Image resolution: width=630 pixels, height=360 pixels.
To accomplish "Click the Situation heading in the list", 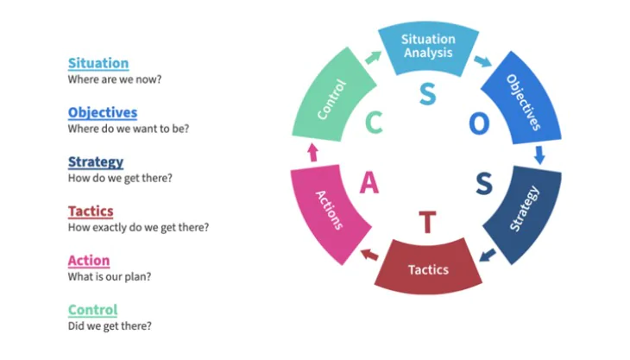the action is [x=98, y=63].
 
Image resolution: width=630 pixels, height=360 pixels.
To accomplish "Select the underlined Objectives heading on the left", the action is [x=103, y=112].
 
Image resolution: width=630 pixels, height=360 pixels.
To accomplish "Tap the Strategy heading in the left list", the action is [x=96, y=162].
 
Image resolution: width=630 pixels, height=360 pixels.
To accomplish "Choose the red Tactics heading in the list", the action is [x=91, y=211].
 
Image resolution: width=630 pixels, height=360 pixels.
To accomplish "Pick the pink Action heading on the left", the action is [x=89, y=261].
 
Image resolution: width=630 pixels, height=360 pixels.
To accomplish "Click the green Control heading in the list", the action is [x=93, y=310].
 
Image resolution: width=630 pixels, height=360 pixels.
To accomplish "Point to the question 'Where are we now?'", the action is [x=115, y=79].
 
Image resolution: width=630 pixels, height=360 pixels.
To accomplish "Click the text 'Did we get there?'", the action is [x=110, y=325].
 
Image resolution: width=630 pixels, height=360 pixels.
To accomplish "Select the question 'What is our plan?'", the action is [x=110, y=276].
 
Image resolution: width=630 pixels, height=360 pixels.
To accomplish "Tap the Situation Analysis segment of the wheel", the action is [x=428, y=47].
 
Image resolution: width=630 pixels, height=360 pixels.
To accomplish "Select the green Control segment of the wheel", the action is [x=332, y=98].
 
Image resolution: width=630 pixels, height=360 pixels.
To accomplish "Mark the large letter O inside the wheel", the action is [x=479, y=123].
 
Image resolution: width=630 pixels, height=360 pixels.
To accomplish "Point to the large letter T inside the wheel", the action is [x=427, y=222].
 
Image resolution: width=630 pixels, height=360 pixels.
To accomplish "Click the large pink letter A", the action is [x=369, y=183].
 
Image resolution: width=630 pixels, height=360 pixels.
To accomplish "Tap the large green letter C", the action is [x=374, y=123].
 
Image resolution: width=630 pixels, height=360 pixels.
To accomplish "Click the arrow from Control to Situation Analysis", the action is [x=374, y=58].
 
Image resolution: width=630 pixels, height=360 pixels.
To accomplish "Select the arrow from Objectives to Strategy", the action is [x=539, y=155].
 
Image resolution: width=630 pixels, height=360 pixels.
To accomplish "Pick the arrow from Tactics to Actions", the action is [x=369, y=255].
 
